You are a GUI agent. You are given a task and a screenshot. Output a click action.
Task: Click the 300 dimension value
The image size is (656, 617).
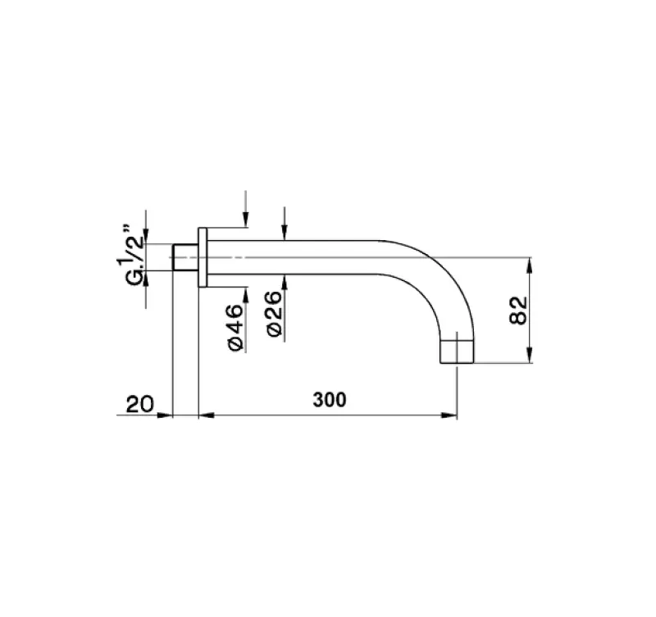click(330, 401)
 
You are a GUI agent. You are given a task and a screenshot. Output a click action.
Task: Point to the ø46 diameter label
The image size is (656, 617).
click(234, 328)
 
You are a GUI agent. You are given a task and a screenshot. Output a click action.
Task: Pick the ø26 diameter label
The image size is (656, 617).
click(275, 314)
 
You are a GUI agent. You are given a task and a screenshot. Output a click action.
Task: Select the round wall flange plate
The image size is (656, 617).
click(203, 256)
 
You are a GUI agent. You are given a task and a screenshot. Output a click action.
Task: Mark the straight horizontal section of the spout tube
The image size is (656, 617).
click(312, 256)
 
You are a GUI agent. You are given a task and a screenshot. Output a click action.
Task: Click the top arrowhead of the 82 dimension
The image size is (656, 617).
click(531, 264)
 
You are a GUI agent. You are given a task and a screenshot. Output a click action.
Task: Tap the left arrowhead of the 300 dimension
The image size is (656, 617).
click(205, 415)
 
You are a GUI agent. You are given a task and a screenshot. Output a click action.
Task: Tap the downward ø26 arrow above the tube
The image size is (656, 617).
click(283, 234)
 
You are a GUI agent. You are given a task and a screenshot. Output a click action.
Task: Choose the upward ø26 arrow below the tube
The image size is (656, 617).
click(283, 279)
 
